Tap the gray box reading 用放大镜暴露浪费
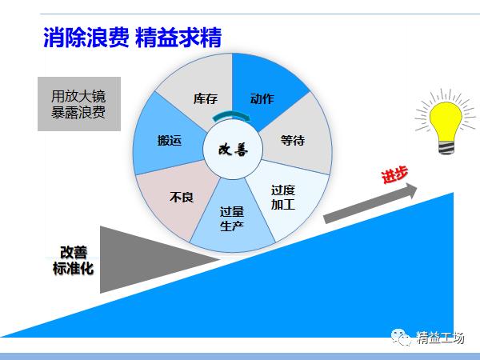[x=78, y=103]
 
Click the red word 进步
[x=394, y=176]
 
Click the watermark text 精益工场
[x=441, y=338]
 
